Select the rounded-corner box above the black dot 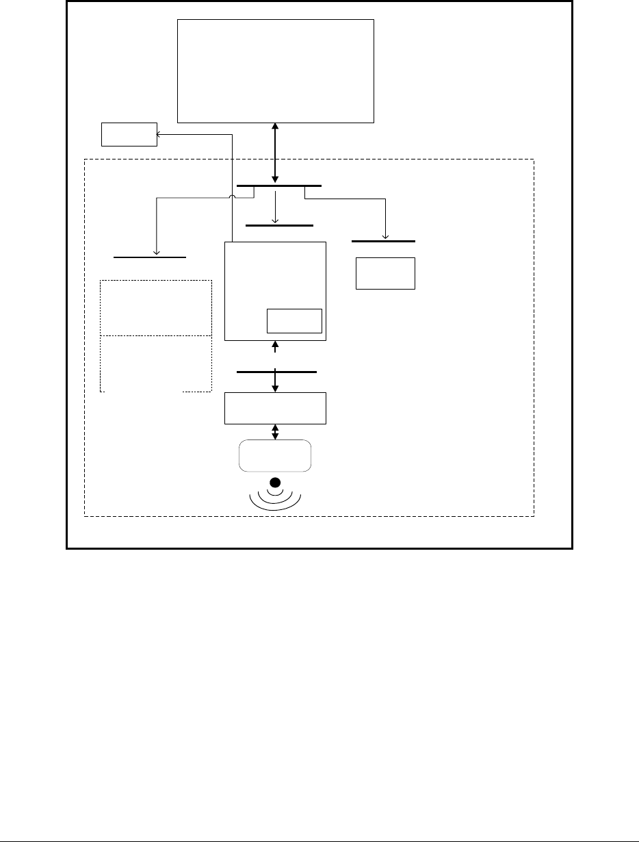point(275,456)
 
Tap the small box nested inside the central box point(294,321)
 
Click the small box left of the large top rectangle point(129,134)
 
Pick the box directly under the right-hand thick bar point(385,273)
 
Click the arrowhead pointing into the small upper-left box point(161,136)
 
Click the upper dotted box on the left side point(155,307)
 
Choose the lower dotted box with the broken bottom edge point(155,363)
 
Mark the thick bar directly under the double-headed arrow point(279,186)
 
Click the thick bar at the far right point(383,241)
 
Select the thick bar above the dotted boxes point(150,257)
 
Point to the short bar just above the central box point(279,225)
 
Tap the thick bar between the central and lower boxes point(276,372)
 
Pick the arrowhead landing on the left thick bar point(157,253)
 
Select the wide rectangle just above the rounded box point(275,409)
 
